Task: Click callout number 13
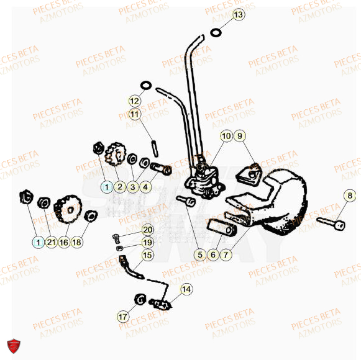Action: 239,14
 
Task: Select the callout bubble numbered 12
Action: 135,101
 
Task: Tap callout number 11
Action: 135,114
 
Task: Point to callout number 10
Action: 226,136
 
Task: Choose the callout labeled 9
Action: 240,136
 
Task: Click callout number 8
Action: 350,196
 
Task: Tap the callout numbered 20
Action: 147,230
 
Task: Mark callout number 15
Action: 147,254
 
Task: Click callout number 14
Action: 187,289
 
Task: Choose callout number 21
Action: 50,242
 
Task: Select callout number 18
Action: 76,242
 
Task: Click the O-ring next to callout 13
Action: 216,32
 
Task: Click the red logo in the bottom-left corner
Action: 12,345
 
